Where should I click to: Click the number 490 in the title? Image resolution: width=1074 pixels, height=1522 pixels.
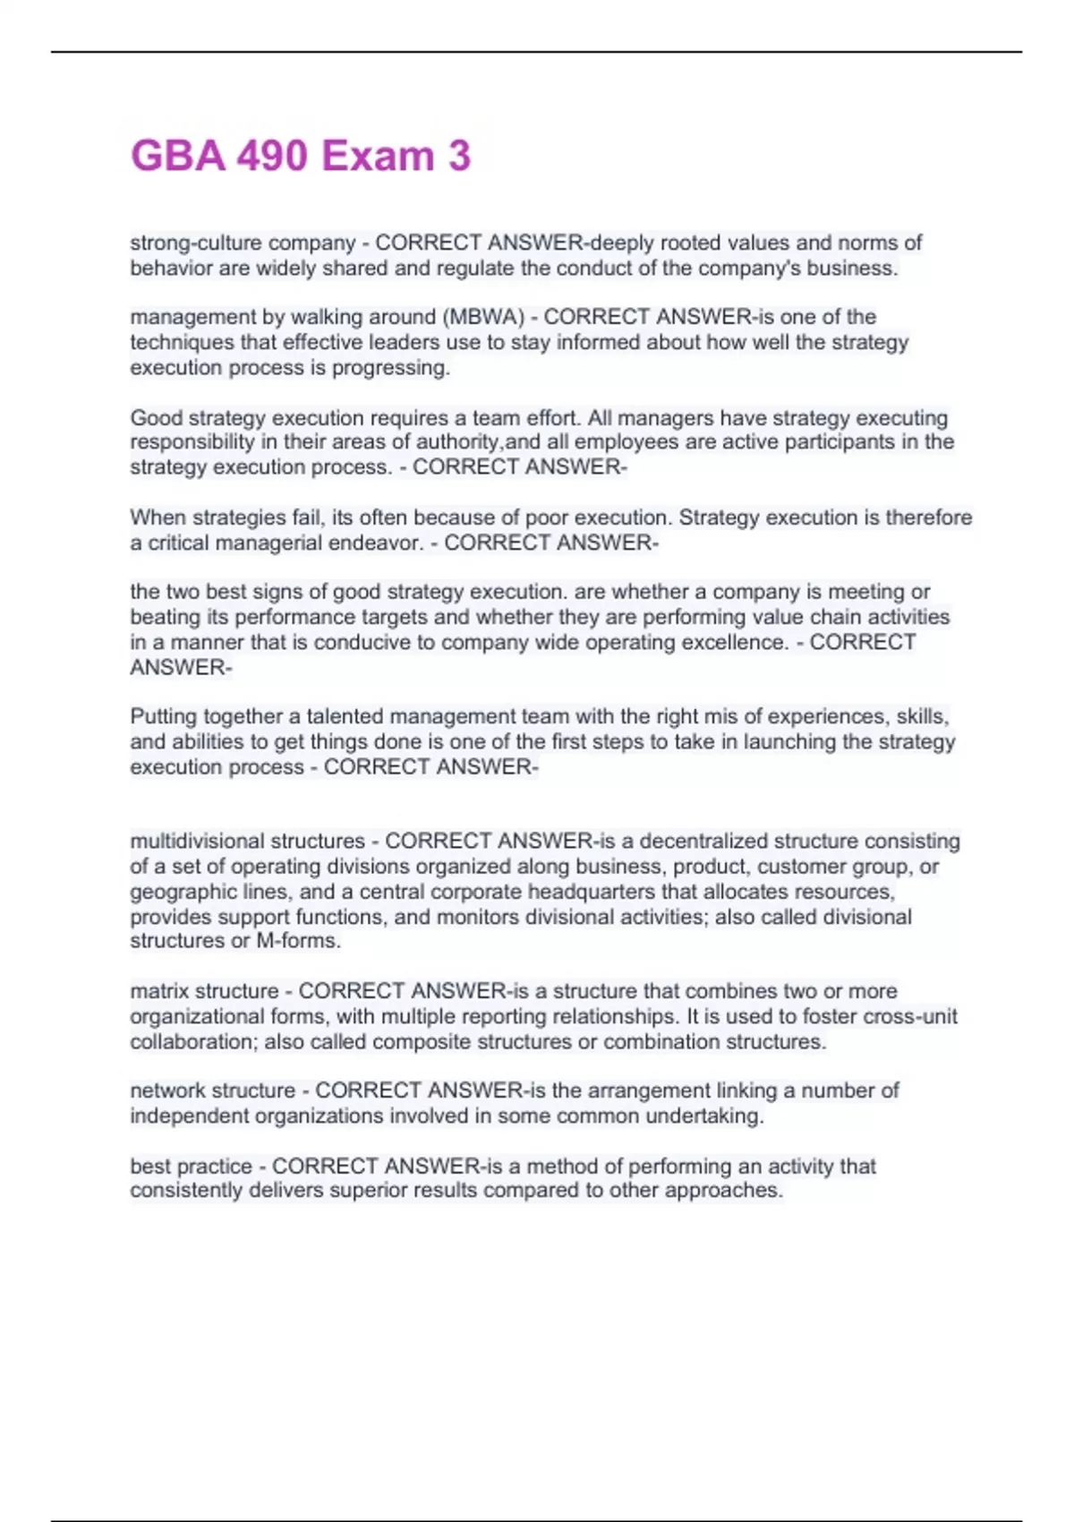pos(271,156)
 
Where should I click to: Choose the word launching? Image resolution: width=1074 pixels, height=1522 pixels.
pos(790,741)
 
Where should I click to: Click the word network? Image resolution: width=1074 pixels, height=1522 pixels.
pos(167,1090)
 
